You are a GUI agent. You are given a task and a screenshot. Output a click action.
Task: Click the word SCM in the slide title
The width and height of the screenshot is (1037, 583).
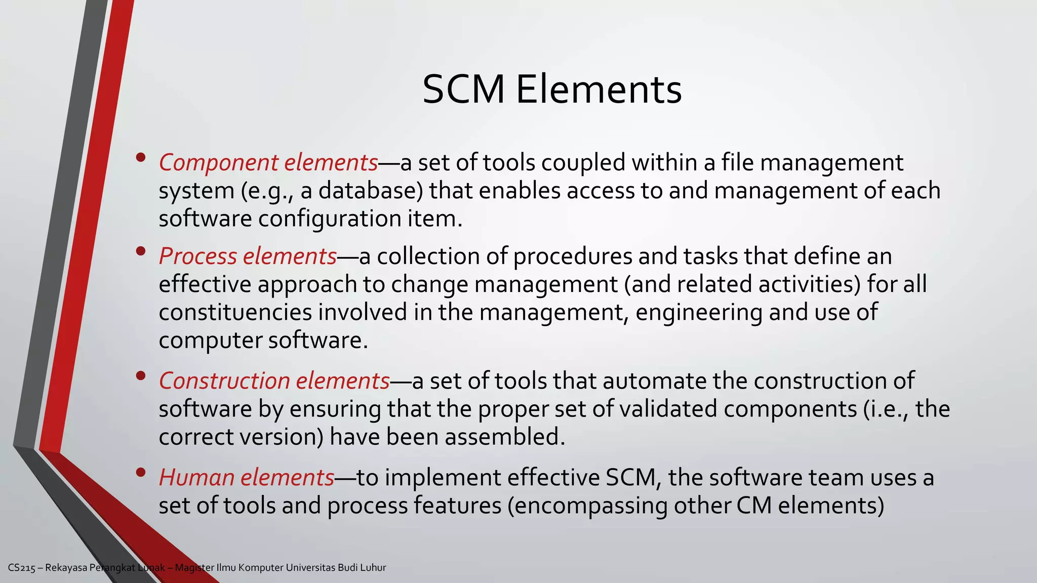point(463,90)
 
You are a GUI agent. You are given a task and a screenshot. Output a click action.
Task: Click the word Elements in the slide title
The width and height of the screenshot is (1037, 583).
point(599,90)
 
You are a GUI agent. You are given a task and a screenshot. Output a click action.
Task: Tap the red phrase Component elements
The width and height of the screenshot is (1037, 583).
point(268,163)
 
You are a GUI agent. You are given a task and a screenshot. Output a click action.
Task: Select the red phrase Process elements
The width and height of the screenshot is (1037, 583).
point(248,256)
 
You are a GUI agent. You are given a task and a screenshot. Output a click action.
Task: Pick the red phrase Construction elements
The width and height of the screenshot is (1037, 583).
point(274,381)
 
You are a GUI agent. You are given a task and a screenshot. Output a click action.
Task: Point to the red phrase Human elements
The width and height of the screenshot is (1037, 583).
point(247,478)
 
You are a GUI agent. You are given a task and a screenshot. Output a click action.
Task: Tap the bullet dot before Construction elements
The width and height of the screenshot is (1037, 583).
point(141,376)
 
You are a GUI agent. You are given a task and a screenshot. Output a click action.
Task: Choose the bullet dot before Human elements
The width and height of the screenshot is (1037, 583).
point(141,472)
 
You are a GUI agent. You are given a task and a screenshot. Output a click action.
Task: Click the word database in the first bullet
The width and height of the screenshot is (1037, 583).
point(370,191)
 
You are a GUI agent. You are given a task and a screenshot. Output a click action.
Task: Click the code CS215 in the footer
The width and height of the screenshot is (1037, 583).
point(22,568)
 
